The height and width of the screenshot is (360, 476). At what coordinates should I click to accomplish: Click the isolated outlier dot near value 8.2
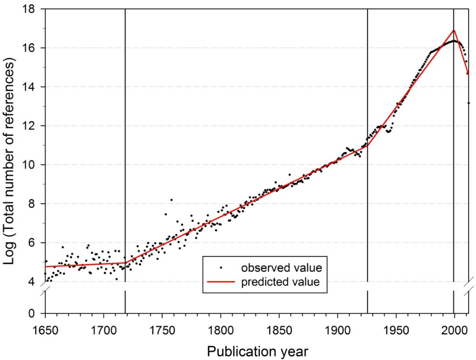click(x=171, y=200)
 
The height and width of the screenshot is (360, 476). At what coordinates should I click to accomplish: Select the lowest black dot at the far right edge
click(x=469, y=103)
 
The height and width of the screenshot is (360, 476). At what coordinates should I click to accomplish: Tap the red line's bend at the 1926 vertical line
click(x=367, y=146)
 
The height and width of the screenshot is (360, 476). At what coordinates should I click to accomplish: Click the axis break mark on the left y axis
click(x=45, y=292)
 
